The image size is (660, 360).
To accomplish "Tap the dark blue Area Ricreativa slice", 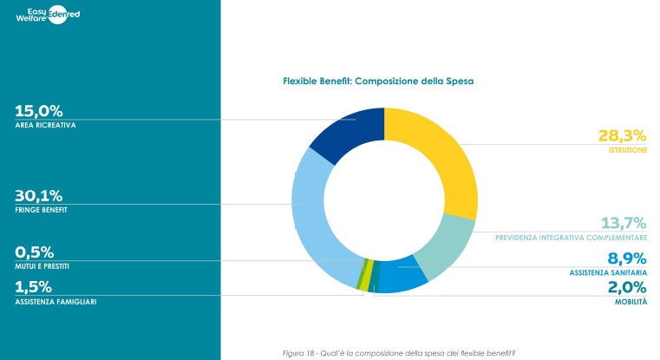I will pos(347,131).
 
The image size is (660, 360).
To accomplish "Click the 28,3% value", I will pos(622,135).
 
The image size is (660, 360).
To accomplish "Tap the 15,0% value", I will pos(39,110).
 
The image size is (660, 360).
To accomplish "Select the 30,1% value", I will pos(39,195).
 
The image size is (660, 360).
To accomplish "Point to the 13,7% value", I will pos(622,222).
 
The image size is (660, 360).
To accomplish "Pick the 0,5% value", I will pos(35,252).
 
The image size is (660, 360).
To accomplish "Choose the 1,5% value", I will pos(34,286).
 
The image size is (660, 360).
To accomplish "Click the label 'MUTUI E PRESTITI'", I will pos(42,266).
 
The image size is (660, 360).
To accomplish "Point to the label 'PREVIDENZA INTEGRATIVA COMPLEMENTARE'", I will pos(572,237).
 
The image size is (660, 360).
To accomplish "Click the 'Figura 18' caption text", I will pos(400,352).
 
